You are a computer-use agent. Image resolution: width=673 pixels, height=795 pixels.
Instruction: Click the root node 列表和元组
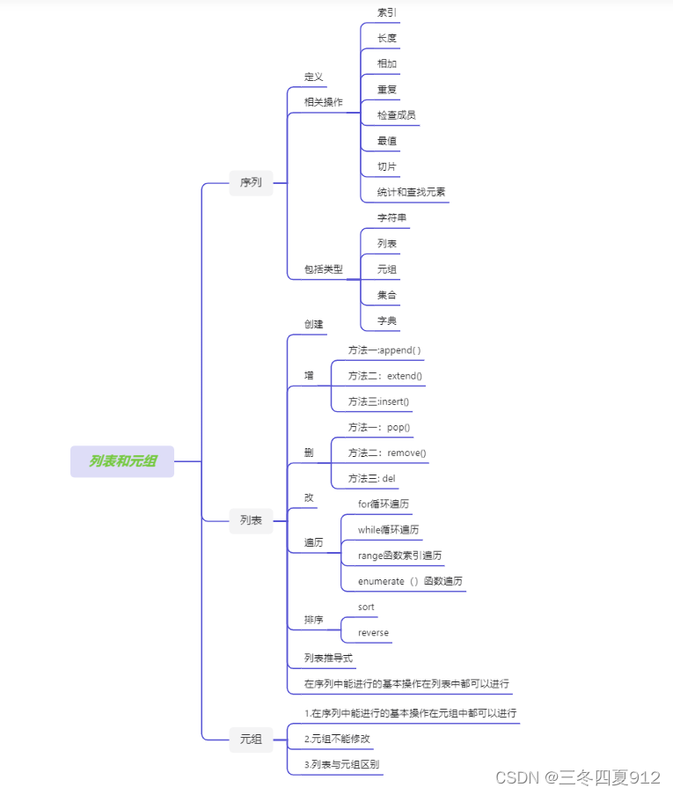122,461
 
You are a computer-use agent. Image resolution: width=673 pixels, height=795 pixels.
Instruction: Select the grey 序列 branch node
251,183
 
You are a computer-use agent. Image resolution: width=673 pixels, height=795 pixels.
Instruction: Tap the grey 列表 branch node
251,520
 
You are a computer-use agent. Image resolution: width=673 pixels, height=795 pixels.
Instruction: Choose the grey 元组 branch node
251,740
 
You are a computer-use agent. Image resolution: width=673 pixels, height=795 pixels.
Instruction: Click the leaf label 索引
387,12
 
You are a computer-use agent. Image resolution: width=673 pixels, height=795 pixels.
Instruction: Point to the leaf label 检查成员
396,114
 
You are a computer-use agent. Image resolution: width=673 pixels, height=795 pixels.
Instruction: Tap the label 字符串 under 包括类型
391,217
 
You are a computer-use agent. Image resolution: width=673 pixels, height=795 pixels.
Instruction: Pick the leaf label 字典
387,320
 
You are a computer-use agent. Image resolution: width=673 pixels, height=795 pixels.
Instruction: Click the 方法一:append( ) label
384,350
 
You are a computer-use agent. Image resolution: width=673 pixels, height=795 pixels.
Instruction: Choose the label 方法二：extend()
385,376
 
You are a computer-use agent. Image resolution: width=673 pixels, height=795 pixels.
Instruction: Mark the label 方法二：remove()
387,453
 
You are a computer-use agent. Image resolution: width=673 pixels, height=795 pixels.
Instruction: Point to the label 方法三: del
372,479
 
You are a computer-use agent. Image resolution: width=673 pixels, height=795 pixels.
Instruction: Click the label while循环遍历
388,530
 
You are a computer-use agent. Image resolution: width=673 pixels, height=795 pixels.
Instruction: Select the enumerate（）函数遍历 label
410,581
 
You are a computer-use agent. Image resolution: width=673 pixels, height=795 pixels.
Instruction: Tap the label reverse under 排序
373,632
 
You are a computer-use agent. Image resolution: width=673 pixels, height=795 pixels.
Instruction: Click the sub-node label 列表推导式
329,658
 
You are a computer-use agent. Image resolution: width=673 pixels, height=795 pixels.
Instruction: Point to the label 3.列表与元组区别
342,764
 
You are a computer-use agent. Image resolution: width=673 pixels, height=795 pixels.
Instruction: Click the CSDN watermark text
577,777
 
